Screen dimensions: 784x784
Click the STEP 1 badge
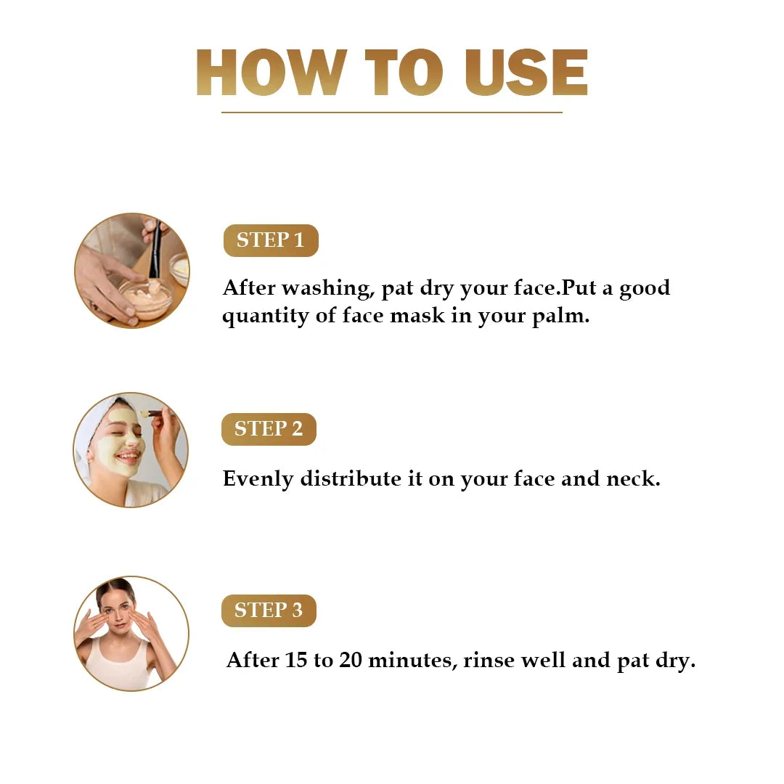click(x=270, y=240)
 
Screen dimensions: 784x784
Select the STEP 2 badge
click(x=269, y=429)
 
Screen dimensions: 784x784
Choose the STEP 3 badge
click(x=269, y=611)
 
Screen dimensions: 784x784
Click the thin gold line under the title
click(x=392, y=113)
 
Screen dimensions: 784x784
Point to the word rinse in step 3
click(x=488, y=661)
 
